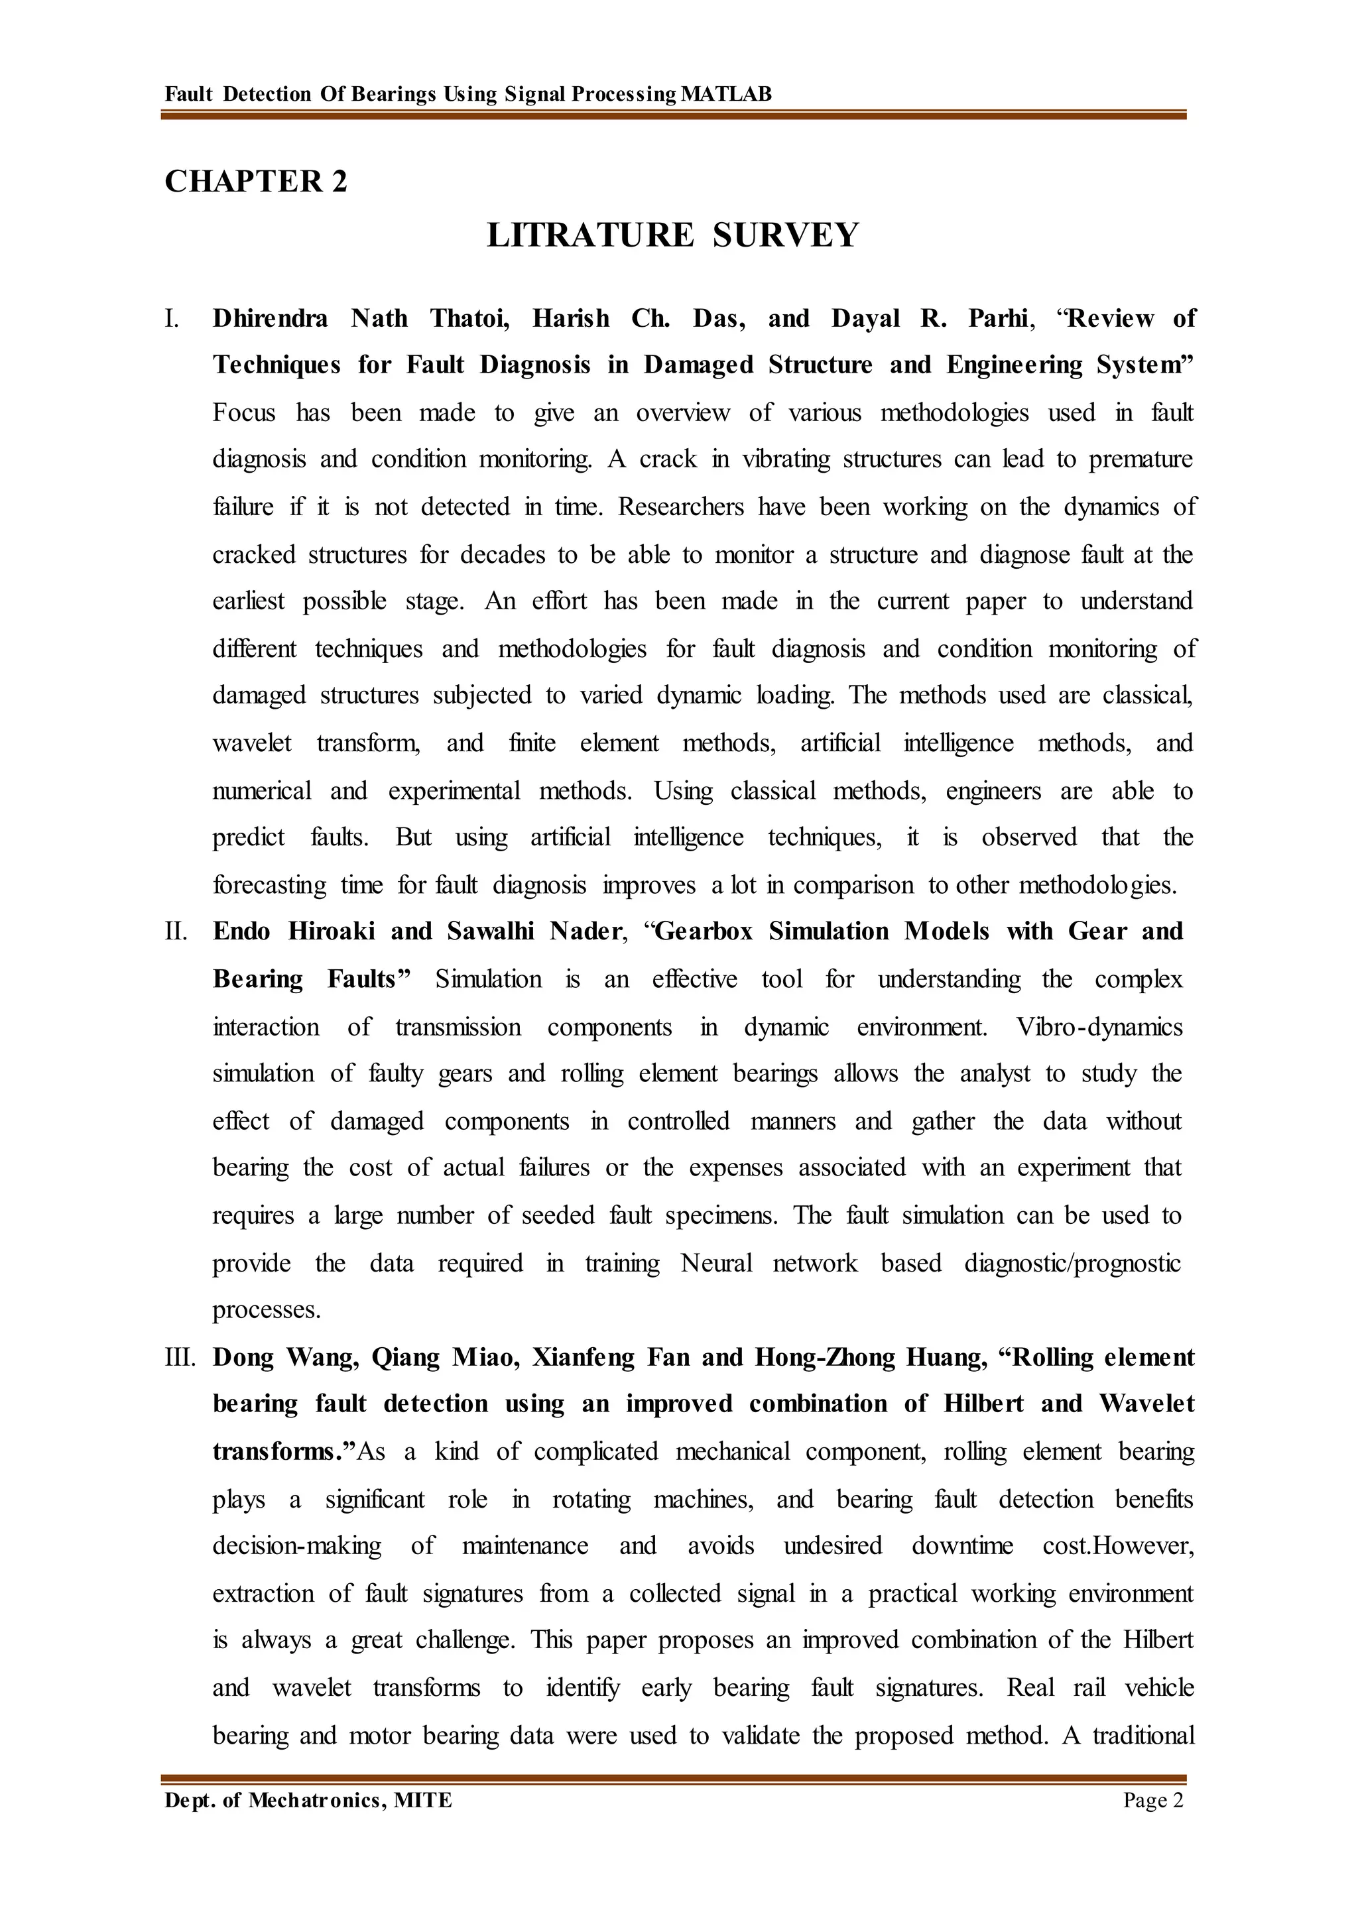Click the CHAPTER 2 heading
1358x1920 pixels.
point(255,182)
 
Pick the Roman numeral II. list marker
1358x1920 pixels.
point(176,931)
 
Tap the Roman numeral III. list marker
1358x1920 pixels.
point(180,1357)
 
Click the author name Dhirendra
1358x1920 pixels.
point(270,319)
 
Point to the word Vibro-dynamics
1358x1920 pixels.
point(1099,1027)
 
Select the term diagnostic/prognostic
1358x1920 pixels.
point(1073,1264)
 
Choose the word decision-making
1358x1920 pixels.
point(297,1546)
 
